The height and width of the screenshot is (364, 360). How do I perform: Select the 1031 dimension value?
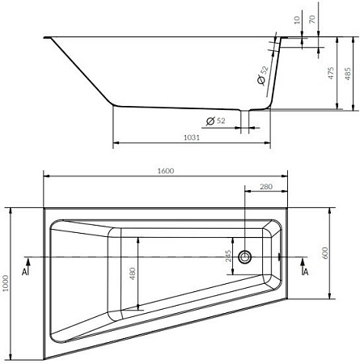193,138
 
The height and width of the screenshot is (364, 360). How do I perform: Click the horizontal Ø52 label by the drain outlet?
215,121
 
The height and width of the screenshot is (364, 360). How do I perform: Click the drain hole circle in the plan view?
248,257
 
